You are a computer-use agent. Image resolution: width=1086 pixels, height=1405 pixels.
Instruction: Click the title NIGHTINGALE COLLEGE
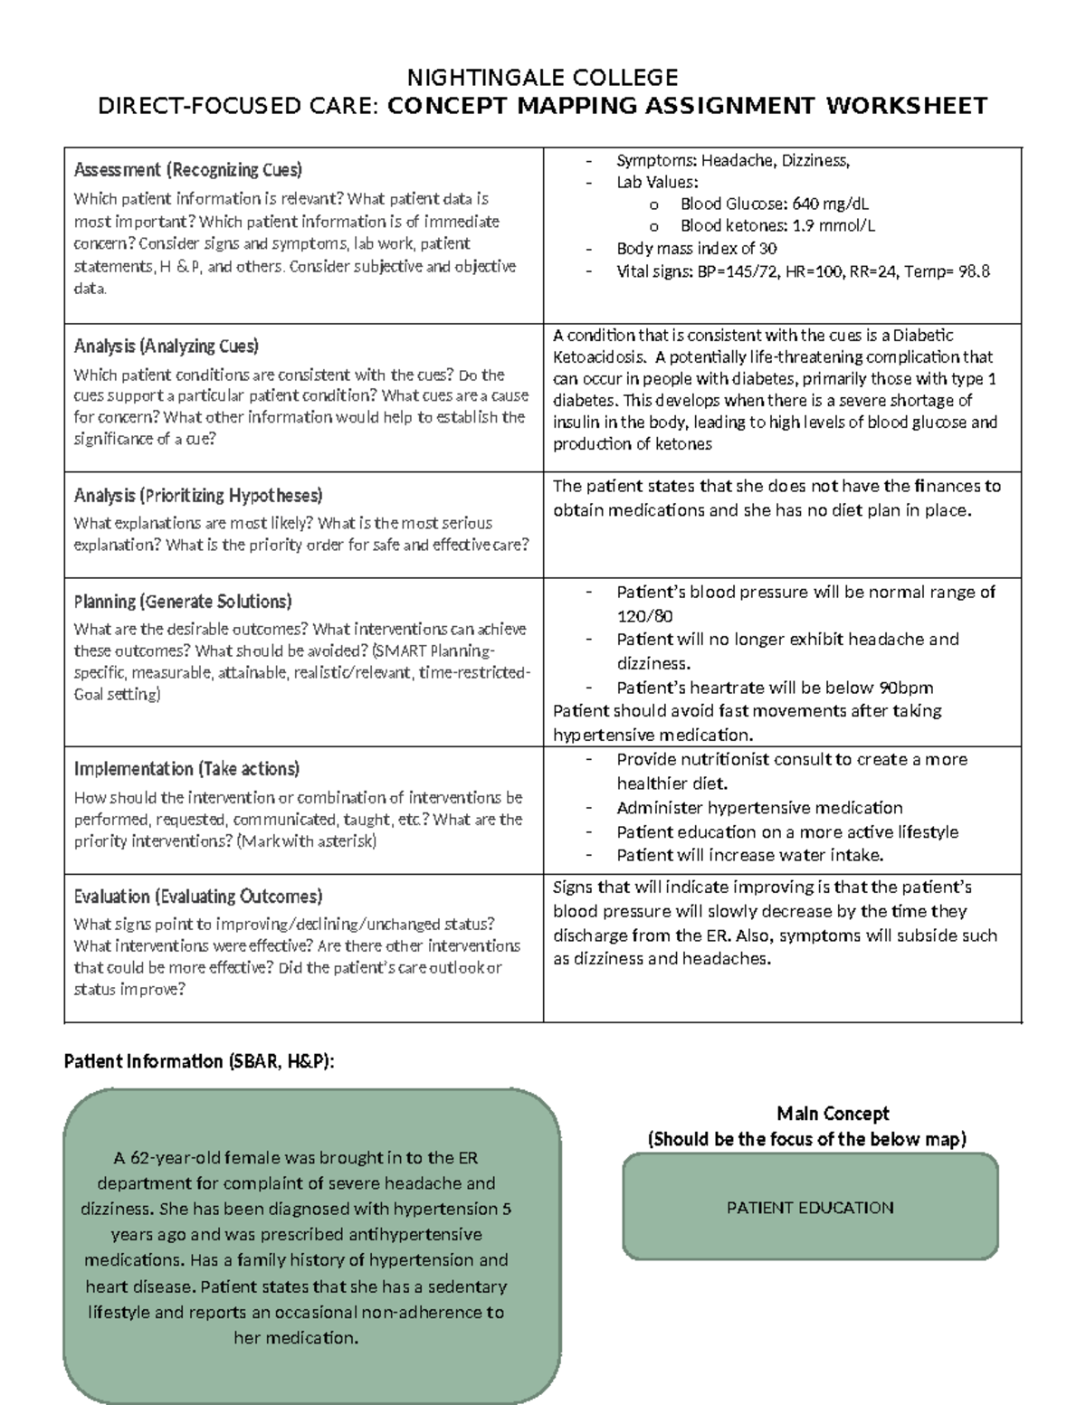(542, 77)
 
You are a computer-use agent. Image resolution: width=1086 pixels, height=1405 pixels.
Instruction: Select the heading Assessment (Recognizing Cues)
(187, 170)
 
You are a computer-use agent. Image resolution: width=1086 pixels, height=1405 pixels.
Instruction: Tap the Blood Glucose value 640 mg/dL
(818, 204)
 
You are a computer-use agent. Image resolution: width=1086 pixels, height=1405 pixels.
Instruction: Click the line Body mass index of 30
(696, 249)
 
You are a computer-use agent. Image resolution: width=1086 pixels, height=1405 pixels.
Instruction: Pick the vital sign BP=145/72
(730, 271)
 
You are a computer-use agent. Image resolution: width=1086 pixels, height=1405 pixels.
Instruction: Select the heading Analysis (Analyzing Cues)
(166, 347)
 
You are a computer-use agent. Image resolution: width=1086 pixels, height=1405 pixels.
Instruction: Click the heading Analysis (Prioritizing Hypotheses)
(197, 496)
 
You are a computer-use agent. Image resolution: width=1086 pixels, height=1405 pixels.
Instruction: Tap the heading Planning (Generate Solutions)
(182, 602)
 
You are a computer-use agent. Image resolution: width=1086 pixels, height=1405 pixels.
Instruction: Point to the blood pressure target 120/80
(644, 616)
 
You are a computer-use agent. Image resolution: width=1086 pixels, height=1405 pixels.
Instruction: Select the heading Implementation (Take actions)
(186, 769)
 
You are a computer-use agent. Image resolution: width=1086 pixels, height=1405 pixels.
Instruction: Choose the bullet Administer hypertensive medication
(759, 808)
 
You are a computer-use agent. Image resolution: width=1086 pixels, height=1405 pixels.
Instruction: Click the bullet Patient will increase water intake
(749, 855)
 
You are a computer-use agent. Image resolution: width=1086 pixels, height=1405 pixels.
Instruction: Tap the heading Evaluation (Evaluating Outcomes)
(197, 897)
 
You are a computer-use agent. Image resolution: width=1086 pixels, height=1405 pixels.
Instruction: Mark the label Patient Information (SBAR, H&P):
(199, 1061)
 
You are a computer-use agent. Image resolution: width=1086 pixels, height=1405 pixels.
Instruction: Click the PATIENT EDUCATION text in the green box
(810, 1208)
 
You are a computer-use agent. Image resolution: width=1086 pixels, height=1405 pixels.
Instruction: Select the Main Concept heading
(833, 1114)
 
